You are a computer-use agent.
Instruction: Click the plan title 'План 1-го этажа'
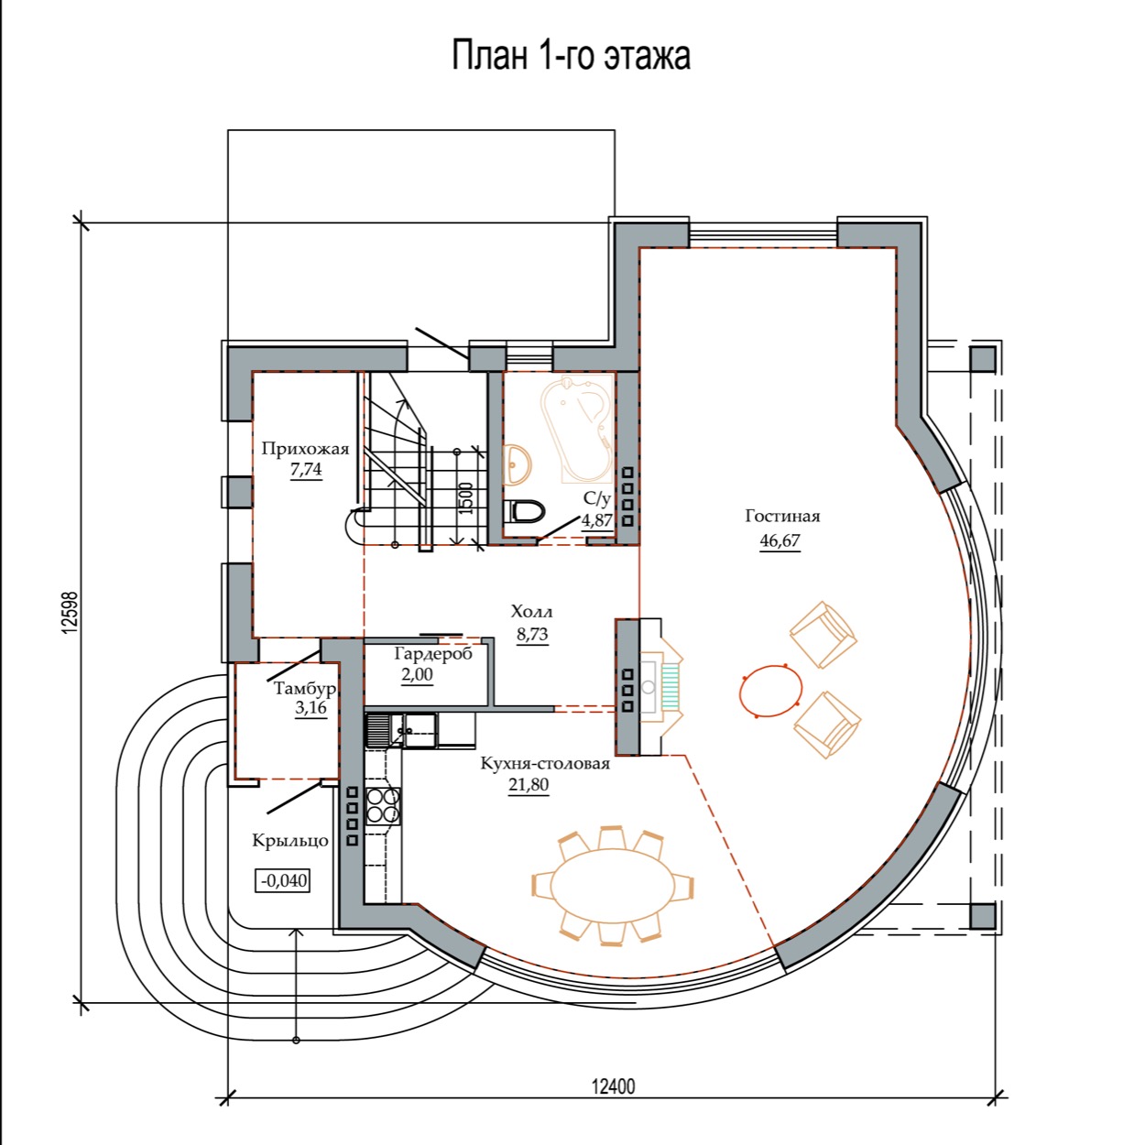(571, 57)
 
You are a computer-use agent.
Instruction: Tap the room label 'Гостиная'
(782, 516)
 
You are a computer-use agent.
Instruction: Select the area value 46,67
(780, 540)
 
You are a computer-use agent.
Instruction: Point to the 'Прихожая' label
(305, 449)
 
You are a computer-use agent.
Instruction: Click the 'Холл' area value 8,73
(532, 635)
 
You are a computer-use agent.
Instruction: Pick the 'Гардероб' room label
(433, 654)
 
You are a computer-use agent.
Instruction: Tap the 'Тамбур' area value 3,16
(311, 708)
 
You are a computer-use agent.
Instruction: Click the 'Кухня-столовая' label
(545, 764)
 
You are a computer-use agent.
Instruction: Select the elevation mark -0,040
(284, 880)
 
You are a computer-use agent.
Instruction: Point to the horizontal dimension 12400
(613, 1086)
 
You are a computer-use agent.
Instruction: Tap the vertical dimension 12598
(70, 613)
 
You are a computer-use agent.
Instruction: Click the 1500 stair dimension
(466, 498)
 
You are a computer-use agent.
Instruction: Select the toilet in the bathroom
(523, 511)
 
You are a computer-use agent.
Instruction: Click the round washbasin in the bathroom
(517, 463)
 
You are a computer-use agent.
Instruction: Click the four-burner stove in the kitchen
(384, 806)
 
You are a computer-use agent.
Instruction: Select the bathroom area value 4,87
(597, 520)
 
